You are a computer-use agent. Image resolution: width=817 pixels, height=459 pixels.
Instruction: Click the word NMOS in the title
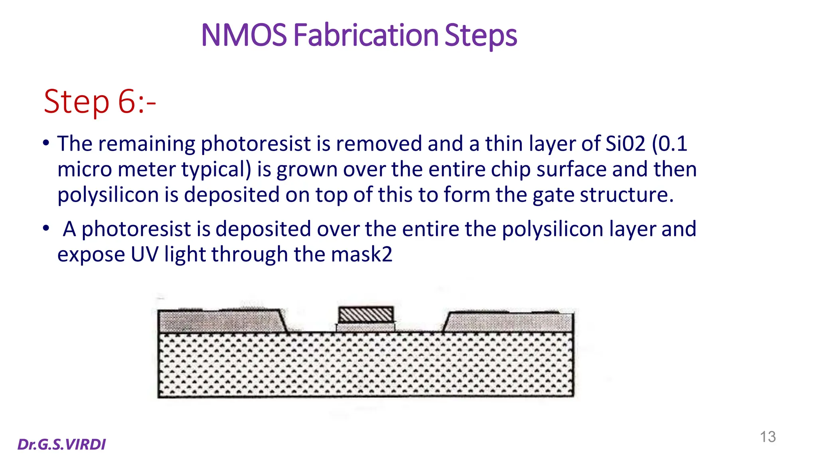(x=244, y=35)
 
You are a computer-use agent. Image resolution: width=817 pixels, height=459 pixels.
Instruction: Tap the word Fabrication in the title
(x=366, y=35)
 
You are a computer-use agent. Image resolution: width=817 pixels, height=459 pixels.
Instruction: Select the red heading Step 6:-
(x=99, y=102)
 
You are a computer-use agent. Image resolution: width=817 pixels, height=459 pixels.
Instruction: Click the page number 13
(x=768, y=437)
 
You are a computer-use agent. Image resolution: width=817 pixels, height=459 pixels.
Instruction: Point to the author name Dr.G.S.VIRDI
(x=62, y=444)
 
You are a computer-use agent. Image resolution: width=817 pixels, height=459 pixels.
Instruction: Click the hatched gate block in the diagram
(x=366, y=315)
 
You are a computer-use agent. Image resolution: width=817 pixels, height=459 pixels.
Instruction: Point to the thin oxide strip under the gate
(x=365, y=328)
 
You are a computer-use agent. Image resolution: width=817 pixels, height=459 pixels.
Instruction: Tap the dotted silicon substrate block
(x=365, y=365)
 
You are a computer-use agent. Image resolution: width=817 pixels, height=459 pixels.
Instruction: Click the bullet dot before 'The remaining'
(x=46, y=143)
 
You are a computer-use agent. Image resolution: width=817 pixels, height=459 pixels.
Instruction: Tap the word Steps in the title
(x=481, y=35)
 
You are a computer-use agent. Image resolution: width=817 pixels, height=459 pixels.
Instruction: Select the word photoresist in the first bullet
(x=255, y=143)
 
